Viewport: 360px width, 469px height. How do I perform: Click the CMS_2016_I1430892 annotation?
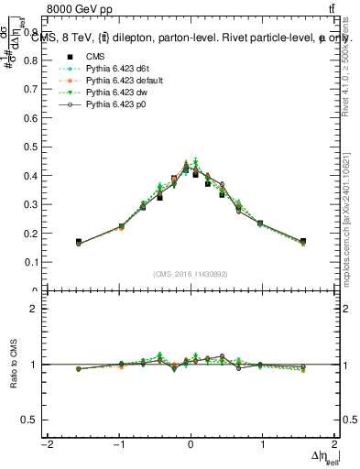point(191,274)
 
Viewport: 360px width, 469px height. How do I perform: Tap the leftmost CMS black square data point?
point(79,242)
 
